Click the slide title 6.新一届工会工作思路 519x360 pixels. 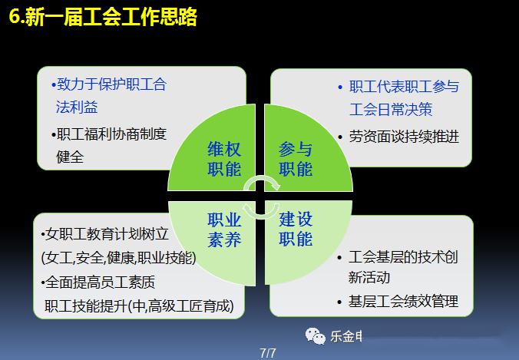click(x=103, y=17)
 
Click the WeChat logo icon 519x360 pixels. click(x=315, y=336)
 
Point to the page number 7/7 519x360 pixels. click(x=267, y=353)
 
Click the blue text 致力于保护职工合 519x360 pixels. click(x=109, y=84)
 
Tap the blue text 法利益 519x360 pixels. click(x=77, y=107)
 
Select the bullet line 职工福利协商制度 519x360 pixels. click(x=109, y=134)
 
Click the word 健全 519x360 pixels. click(x=70, y=157)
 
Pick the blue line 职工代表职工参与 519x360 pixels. click(x=399, y=87)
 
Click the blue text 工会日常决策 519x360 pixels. click(x=391, y=110)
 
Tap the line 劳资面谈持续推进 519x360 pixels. click(x=399, y=137)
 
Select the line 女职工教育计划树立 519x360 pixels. click(x=105, y=234)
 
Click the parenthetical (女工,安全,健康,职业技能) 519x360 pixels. click(x=119, y=258)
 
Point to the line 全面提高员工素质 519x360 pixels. click(x=98, y=282)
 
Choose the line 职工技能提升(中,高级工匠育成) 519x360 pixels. click(x=139, y=306)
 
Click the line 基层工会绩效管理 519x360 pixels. click(x=398, y=302)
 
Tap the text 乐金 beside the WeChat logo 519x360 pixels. click(x=342, y=336)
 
